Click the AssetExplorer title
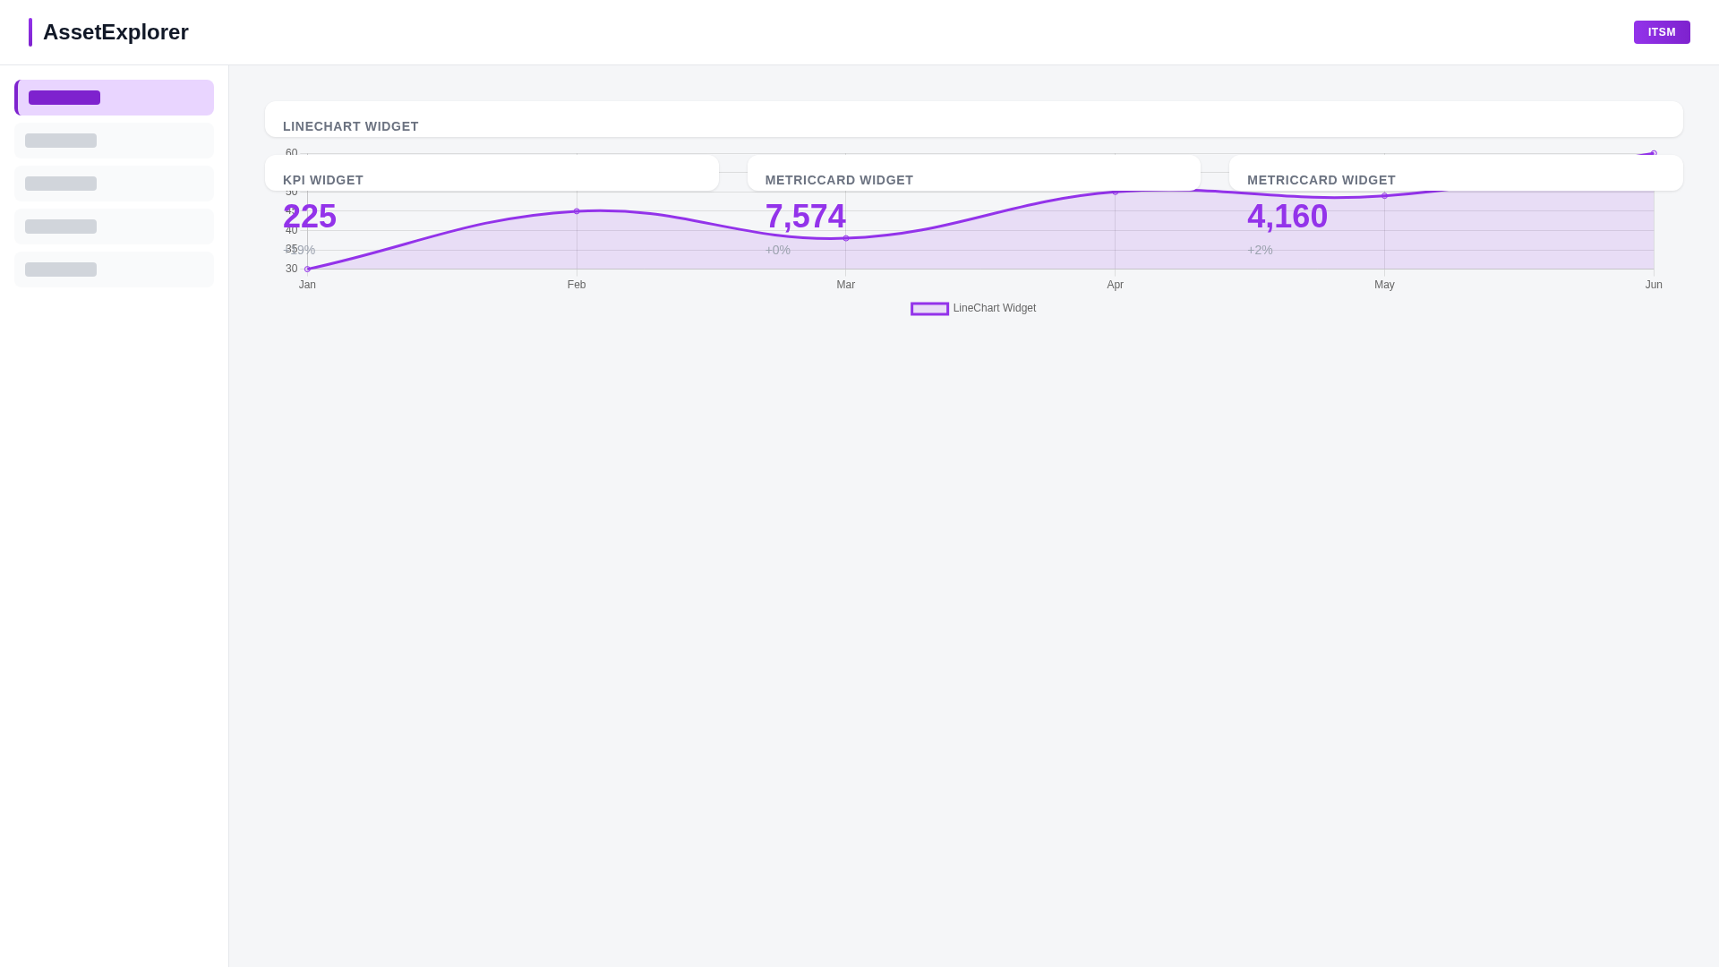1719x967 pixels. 115,32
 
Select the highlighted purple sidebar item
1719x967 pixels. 114,98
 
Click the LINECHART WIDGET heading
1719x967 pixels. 351,126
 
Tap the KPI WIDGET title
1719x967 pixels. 323,180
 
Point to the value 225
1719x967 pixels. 310,217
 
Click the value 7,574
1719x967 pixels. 805,217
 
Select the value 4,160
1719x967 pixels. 1287,217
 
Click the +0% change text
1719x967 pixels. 777,251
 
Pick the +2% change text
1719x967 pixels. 1260,251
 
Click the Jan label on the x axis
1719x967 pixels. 307,285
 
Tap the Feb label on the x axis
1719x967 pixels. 577,285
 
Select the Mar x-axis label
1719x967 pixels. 846,285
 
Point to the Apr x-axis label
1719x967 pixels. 1115,285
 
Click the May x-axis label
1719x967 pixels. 1384,285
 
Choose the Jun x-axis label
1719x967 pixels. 1654,285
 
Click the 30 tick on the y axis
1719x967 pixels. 291,269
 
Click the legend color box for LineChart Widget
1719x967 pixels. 929,309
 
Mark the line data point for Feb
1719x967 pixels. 577,211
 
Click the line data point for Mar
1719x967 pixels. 846,238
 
